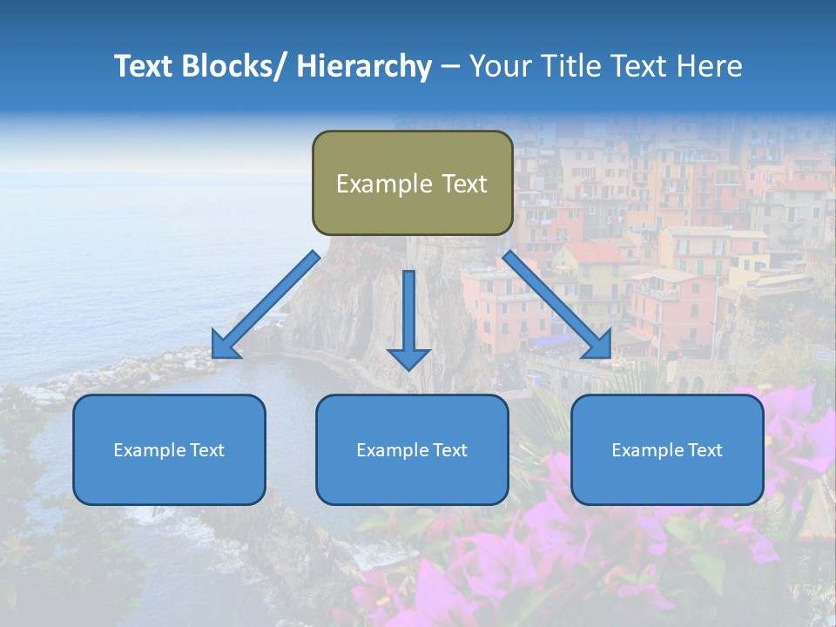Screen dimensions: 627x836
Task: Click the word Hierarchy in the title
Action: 364,66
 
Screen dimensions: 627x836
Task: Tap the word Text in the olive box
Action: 463,184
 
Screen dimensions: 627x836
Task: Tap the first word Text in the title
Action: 147,66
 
